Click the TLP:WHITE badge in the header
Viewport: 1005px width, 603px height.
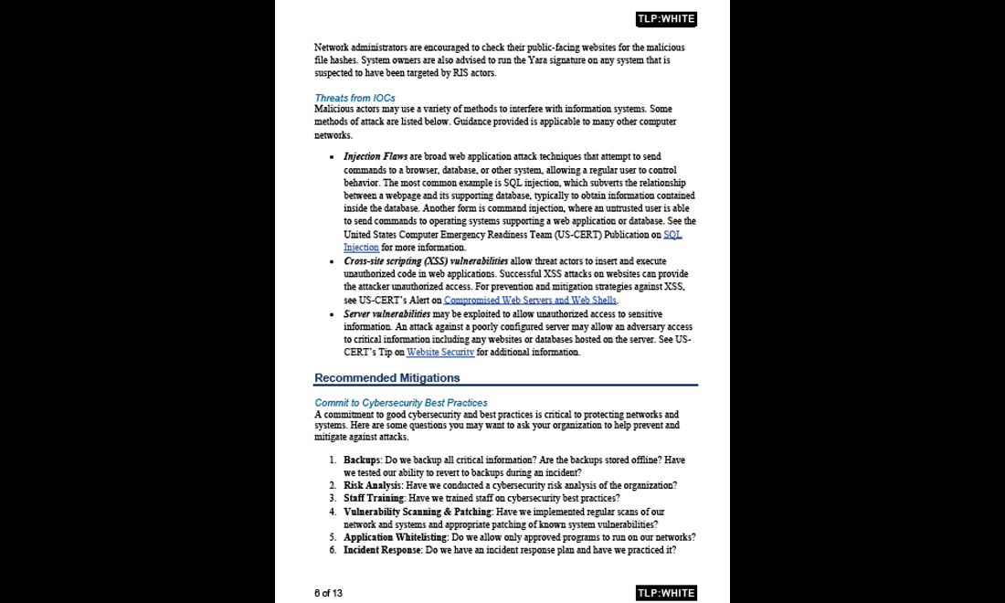click(665, 19)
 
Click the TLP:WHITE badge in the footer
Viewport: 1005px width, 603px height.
click(665, 593)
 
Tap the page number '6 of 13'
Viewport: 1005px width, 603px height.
click(328, 593)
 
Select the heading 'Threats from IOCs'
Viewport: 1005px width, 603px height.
click(354, 98)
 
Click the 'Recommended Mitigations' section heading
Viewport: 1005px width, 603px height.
click(386, 377)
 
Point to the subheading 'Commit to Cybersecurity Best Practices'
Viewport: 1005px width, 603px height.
click(400, 403)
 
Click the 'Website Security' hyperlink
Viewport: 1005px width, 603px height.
click(440, 353)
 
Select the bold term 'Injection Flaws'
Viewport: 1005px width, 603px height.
click(376, 157)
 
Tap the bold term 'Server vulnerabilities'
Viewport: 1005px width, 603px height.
click(386, 314)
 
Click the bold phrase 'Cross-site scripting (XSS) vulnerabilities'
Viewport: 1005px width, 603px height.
click(426, 261)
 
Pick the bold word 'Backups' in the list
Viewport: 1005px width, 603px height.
click(362, 460)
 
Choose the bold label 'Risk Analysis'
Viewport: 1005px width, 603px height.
click(372, 485)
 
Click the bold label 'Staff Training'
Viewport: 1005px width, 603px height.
click(373, 498)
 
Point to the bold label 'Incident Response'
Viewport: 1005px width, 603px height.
click(382, 550)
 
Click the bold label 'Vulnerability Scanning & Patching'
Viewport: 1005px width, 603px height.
click(417, 512)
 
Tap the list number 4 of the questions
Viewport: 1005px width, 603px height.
click(333, 512)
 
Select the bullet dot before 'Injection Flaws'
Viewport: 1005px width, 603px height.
click(332, 157)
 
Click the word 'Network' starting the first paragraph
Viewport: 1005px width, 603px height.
click(333, 48)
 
